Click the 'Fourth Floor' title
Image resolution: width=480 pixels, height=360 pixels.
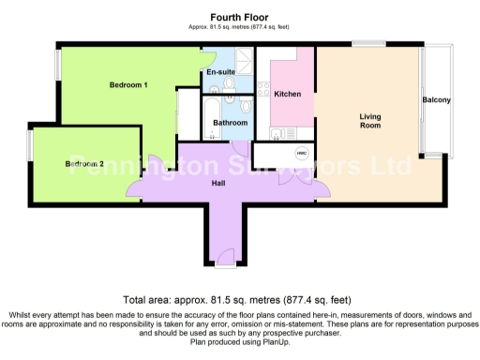click(239, 16)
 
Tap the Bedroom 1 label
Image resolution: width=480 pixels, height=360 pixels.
click(128, 85)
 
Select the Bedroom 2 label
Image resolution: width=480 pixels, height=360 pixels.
click(84, 164)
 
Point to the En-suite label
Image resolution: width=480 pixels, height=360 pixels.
click(221, 71)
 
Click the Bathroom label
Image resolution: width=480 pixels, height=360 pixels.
click(230, 123)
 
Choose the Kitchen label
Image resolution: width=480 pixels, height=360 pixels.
click(287, 93)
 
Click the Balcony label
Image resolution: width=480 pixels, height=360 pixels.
click(437, 100)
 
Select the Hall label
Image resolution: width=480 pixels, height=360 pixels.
click(217, 183)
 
